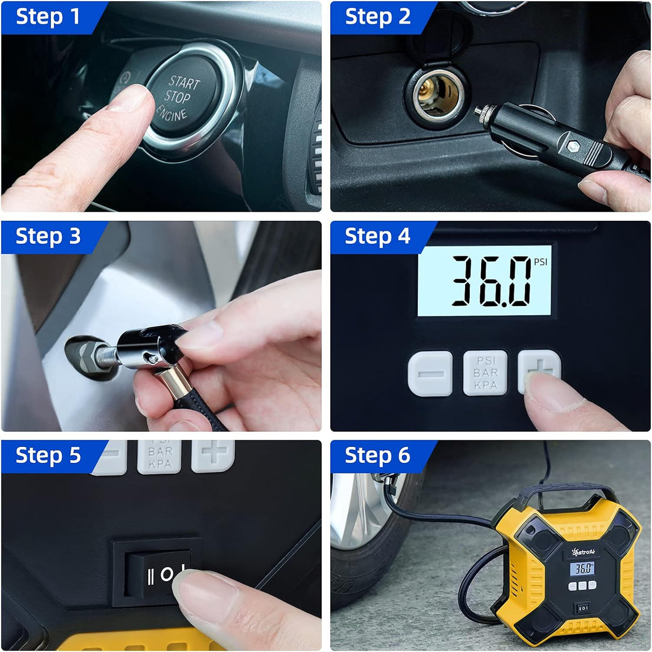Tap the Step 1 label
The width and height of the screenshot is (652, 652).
(48, 17)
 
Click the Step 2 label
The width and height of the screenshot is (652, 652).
(378, 17)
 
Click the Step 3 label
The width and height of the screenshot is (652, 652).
(48, 236)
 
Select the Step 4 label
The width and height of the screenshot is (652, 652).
(378, 236)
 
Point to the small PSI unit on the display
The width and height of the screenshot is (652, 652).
(540, 262)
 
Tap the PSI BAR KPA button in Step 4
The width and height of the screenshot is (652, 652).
(485, 373)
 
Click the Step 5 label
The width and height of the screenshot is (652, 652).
(48, 455)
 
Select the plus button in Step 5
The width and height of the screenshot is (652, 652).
(213, 454)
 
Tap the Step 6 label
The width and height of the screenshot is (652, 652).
(378, 455)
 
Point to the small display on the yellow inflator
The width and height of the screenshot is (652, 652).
(584, 568)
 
